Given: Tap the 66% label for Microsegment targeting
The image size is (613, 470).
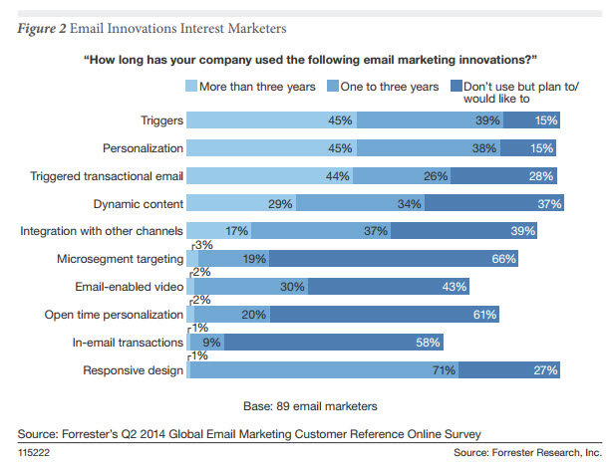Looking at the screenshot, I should [503, 259].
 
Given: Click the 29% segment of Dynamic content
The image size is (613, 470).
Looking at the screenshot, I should [280, 204].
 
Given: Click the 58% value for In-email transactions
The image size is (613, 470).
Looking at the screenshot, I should [430, 344].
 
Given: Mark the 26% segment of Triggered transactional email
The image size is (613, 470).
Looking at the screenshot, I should [434, 176].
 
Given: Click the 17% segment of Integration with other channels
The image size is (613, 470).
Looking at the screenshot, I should [236, 232].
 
